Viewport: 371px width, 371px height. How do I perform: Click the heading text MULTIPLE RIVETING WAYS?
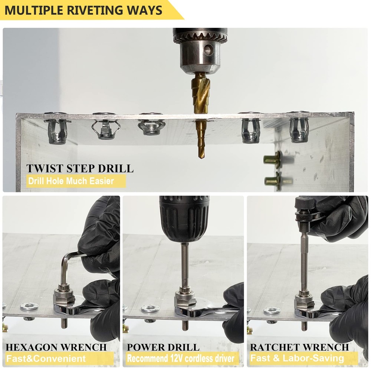(83, 10)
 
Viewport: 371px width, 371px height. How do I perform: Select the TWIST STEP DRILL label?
(79, 168)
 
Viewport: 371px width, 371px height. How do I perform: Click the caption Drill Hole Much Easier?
(70, 181)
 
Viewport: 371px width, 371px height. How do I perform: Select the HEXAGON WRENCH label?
(56, 347)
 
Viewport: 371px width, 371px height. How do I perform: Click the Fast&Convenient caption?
(46, 359)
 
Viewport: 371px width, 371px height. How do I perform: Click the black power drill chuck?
(184, 219)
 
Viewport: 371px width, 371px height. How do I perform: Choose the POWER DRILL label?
(163, 347)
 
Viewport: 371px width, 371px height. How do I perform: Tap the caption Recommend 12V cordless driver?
(181, 359)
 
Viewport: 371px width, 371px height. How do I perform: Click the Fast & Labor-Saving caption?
(297, 359)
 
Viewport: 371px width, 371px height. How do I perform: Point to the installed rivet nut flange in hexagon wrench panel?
(29, 306)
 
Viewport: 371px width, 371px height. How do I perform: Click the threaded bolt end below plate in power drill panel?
(185, 325)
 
